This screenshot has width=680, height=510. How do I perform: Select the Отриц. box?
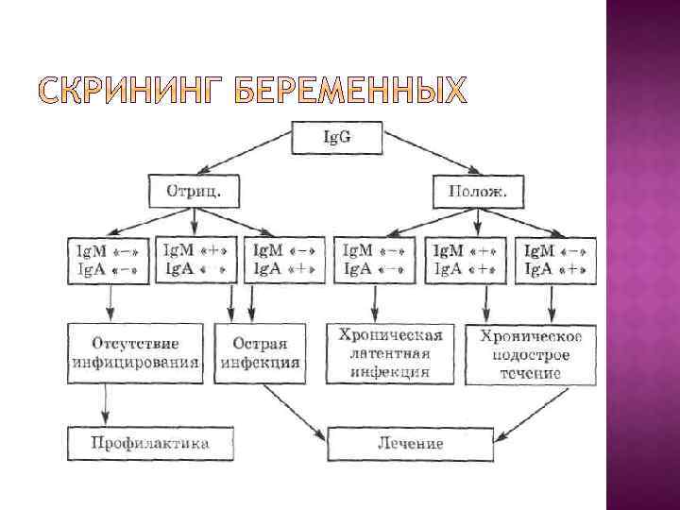point(194,192)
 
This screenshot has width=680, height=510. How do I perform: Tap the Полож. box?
point(477,192)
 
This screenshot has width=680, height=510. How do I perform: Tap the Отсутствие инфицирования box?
point(136,352)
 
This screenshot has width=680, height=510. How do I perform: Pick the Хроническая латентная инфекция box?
point(391,352)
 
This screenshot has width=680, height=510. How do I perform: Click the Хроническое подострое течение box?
point(532,353)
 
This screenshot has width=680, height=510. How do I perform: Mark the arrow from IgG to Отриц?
point(247,151)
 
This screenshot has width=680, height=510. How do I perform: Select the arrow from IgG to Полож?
point(430,151)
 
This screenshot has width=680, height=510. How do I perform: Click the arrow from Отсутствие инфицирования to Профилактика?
point(105,405)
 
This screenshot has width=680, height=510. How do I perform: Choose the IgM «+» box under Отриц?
point(195,259)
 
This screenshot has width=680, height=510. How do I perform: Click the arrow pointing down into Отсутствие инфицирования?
point(111,302)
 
